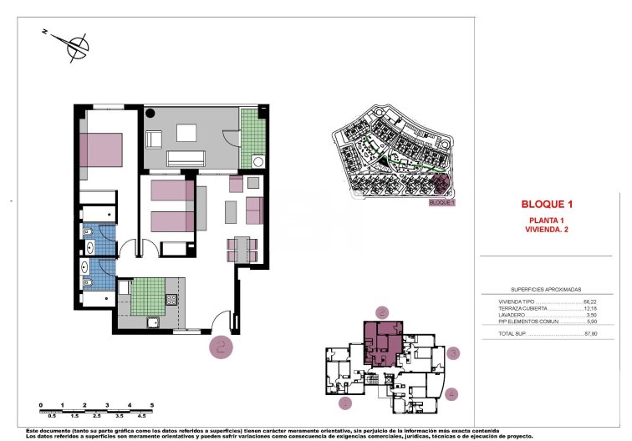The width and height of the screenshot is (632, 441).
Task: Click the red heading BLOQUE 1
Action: coord(546,203)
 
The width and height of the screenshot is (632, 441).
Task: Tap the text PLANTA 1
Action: coord(546,219)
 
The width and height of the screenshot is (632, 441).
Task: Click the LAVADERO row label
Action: coord(512,315)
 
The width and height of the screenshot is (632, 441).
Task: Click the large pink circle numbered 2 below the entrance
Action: coord(221,347)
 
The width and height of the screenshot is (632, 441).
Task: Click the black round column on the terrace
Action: coord(151,113)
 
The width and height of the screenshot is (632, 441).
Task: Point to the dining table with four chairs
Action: coord(242,248)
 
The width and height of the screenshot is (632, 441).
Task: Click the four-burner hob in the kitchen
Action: coord(172,300)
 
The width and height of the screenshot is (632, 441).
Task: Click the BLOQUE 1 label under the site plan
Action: coord(441,202)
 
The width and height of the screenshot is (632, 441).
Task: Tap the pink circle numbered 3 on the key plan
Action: coord(452,353)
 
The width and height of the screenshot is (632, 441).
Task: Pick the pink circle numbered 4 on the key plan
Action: coord(452,393)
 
